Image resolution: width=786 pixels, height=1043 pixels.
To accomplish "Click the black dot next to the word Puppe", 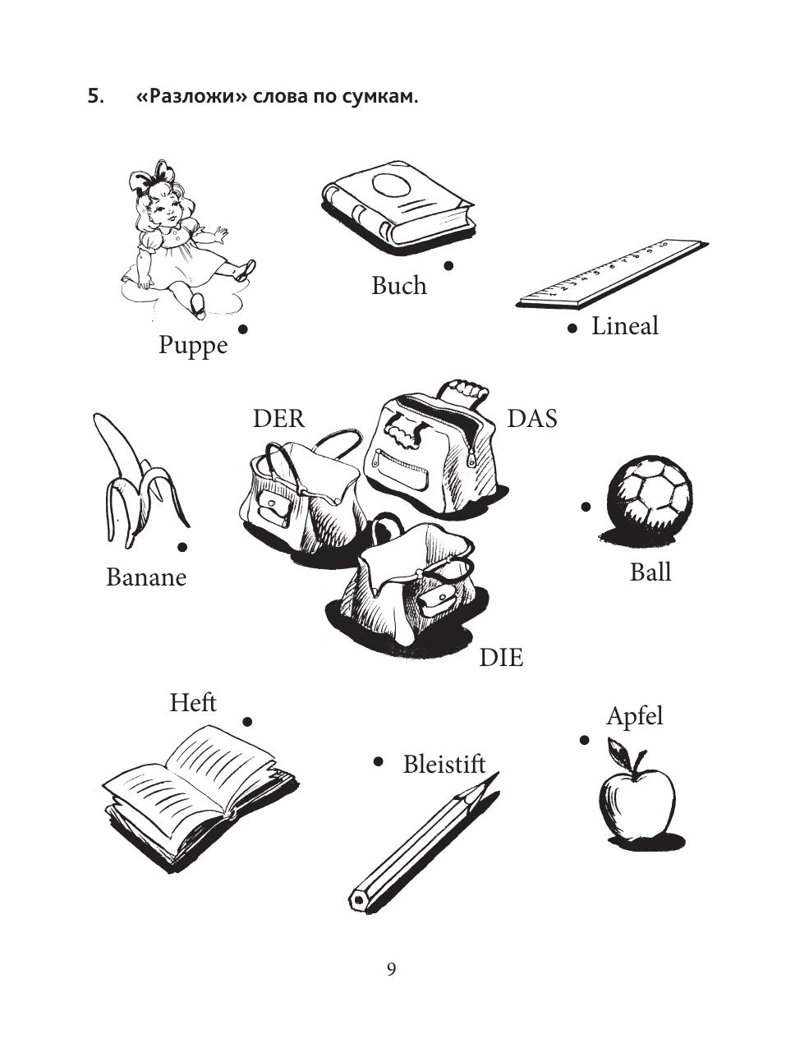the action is pyautogui.click(x=243, y=329).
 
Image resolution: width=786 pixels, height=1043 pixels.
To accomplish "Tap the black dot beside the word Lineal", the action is pyautogui.click(x=572, y=329).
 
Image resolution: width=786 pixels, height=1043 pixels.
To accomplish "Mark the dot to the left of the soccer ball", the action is pyautogui.click(x=586, y=507).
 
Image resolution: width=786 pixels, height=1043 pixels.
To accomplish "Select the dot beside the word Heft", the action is pyautogui.click(x=247, y=722).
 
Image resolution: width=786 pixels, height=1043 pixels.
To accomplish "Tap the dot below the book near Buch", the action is pyautogui.click(x=448, y=266).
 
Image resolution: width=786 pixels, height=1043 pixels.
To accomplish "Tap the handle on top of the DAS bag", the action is pyautogui.click(x=464, y=393).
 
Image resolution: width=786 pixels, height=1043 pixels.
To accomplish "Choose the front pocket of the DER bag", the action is pyautogui.click(x=273, y=508).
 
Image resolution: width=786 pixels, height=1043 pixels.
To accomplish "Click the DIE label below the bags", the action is pyautogui.click(x=501, y=658).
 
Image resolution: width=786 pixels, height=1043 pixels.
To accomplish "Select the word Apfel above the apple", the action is pyautogui.click(x=634, y=718).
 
